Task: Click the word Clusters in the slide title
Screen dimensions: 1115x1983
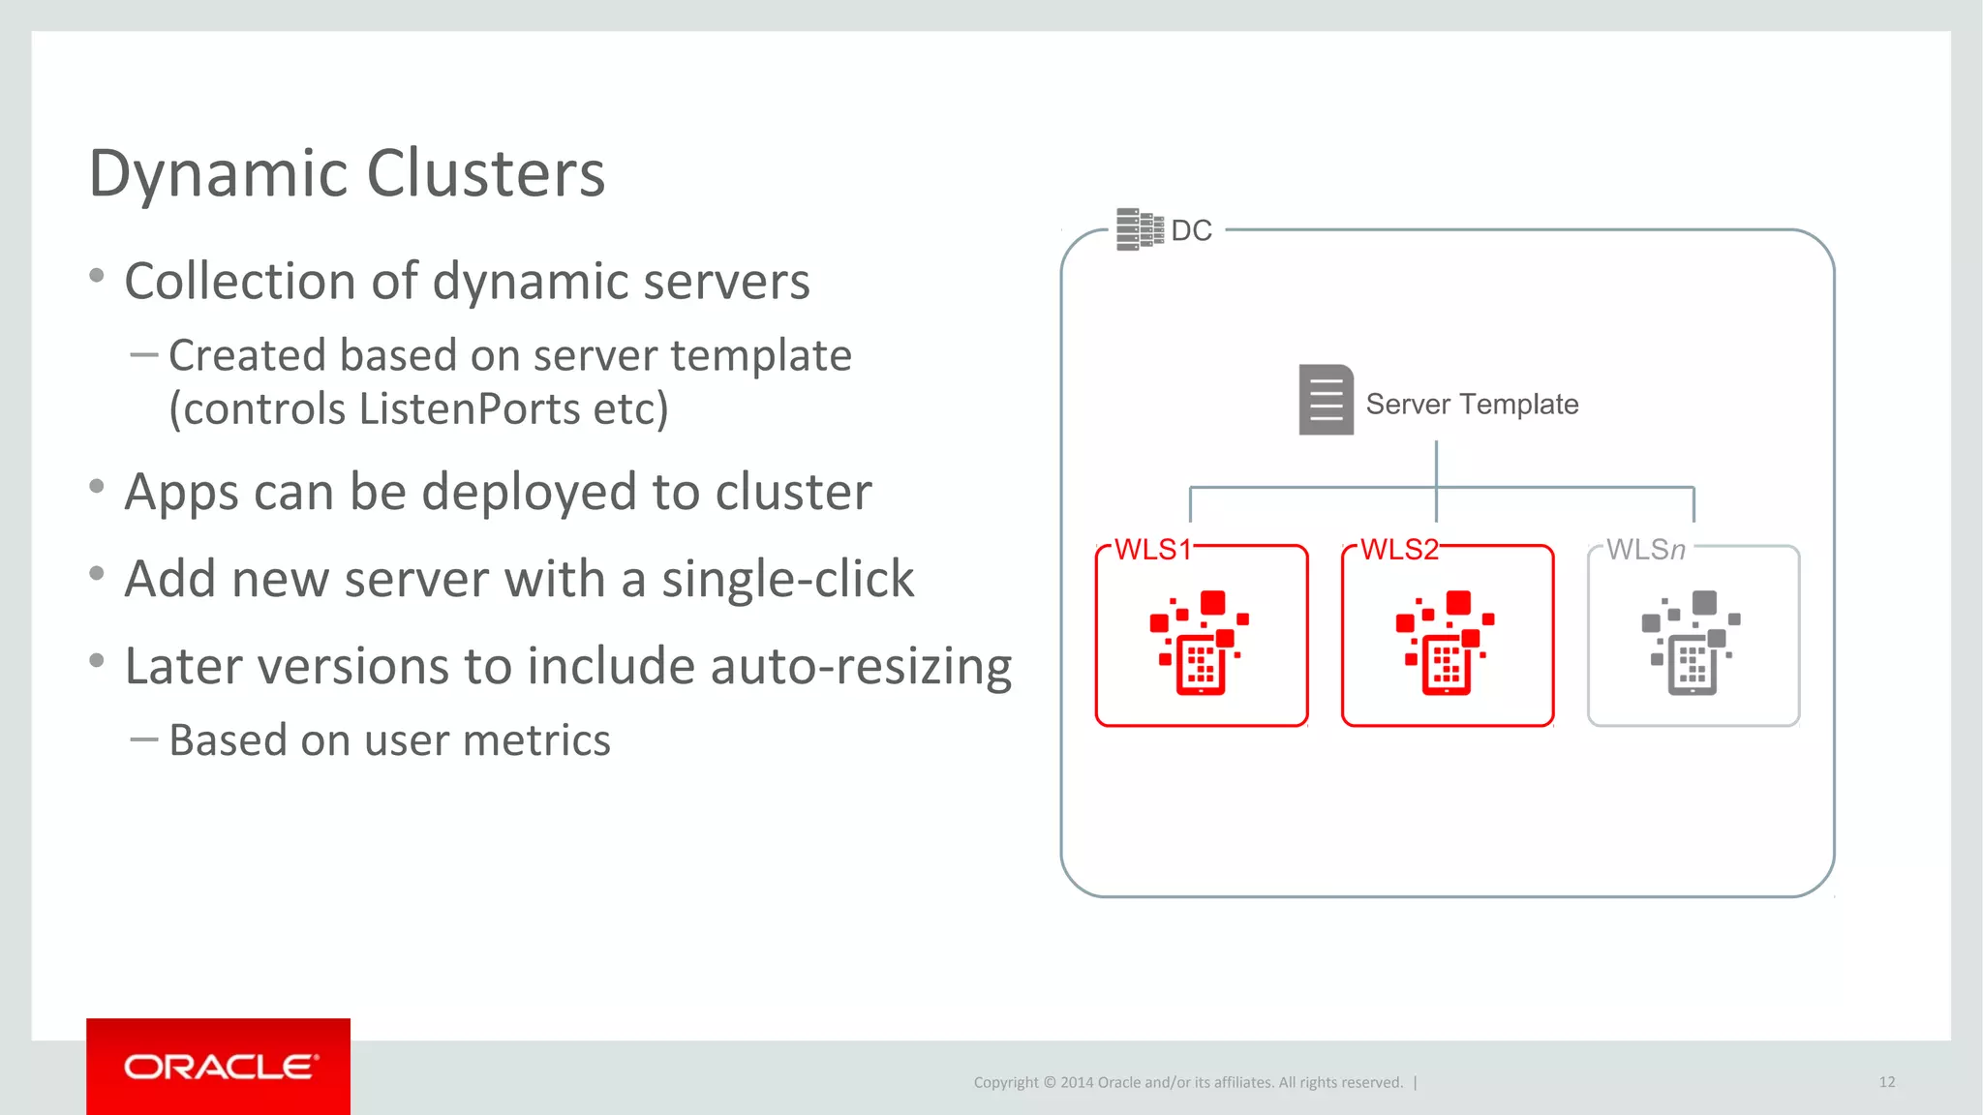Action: tap(485, 174)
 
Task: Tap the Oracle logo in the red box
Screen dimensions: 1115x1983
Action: tap(219, 1067)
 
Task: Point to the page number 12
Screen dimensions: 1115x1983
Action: tap(1886, 1082)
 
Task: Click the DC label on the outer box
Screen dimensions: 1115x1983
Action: tap(1191, 230)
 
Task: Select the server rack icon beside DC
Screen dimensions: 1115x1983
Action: tap(1139, 229)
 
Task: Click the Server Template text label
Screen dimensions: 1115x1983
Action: tap(1472, 404)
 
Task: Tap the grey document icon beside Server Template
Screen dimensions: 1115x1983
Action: tap(1326, 400)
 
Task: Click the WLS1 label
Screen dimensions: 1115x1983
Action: tap(1152, 550)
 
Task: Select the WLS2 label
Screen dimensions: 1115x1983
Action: tap(1399, 550)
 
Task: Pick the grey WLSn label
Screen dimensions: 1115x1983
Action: tap(1645, 550)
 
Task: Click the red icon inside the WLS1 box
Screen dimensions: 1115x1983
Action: tap(1200, 643)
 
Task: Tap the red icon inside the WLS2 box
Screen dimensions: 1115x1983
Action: tap(1446, 643)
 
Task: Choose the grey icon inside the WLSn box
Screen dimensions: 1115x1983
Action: tap(1692, 643)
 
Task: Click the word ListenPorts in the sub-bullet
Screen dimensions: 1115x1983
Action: tap(469, 408)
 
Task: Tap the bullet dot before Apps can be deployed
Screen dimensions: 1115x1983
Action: tap(97, 487)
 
